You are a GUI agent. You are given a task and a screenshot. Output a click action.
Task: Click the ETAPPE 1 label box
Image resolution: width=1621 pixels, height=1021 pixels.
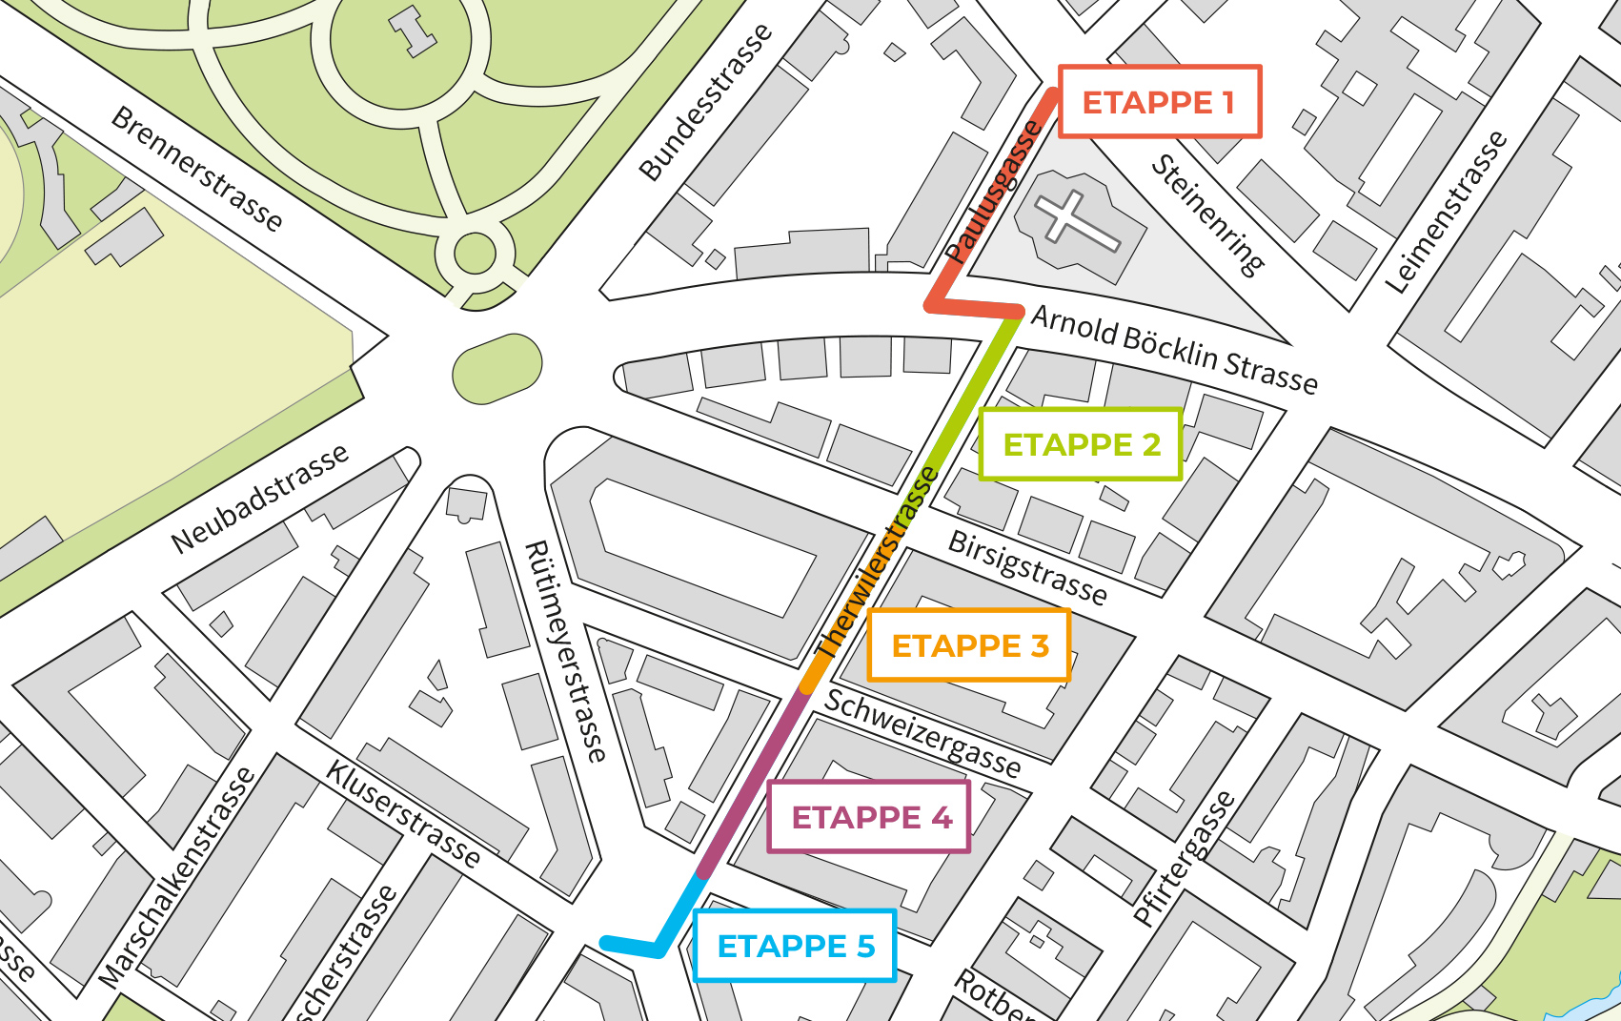tap(1159, 102)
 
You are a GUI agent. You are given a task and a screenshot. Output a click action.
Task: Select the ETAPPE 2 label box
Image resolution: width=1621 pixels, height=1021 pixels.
tap(1081, 444)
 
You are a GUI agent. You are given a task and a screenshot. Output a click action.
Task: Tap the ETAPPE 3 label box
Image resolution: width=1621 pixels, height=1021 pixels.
tap(969, 645)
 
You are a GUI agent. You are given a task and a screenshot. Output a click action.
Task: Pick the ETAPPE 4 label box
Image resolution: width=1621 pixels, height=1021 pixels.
tap(869, 817)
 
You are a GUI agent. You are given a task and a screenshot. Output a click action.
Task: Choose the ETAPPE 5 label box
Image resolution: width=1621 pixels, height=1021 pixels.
tap(795, 946)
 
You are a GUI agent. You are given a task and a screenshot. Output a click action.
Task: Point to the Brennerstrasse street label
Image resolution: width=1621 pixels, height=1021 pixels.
tap(197, 169)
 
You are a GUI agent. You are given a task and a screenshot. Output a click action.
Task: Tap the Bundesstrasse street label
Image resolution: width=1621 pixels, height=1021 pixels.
tap(705, 102)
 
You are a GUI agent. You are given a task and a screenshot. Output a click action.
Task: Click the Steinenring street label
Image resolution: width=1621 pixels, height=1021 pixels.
tap(1207, 214)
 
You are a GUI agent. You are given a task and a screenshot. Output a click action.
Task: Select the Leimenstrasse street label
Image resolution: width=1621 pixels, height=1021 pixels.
tap(1446, 212)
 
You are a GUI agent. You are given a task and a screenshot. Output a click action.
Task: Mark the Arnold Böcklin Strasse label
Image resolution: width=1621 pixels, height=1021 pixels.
tap(1174, 349)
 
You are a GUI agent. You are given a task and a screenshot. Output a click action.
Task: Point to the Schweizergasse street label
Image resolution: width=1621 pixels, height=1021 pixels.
tap(922, 732)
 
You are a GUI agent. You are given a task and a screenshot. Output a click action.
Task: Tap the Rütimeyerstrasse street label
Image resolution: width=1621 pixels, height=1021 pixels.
tap(565, 651)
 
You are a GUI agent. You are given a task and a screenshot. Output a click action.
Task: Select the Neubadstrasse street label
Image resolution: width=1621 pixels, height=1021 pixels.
tap(259, 499)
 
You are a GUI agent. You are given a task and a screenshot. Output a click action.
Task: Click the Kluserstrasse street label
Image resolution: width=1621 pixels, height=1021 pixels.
tap(403, 813)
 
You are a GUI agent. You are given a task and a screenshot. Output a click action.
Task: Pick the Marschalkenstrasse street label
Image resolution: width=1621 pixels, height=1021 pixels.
tap(177, 877)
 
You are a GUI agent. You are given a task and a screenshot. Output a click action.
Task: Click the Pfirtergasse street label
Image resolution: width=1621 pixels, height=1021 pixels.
tap(1184, 858)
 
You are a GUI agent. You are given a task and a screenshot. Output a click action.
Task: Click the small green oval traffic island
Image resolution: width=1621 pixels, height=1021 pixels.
tap(496, 368)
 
